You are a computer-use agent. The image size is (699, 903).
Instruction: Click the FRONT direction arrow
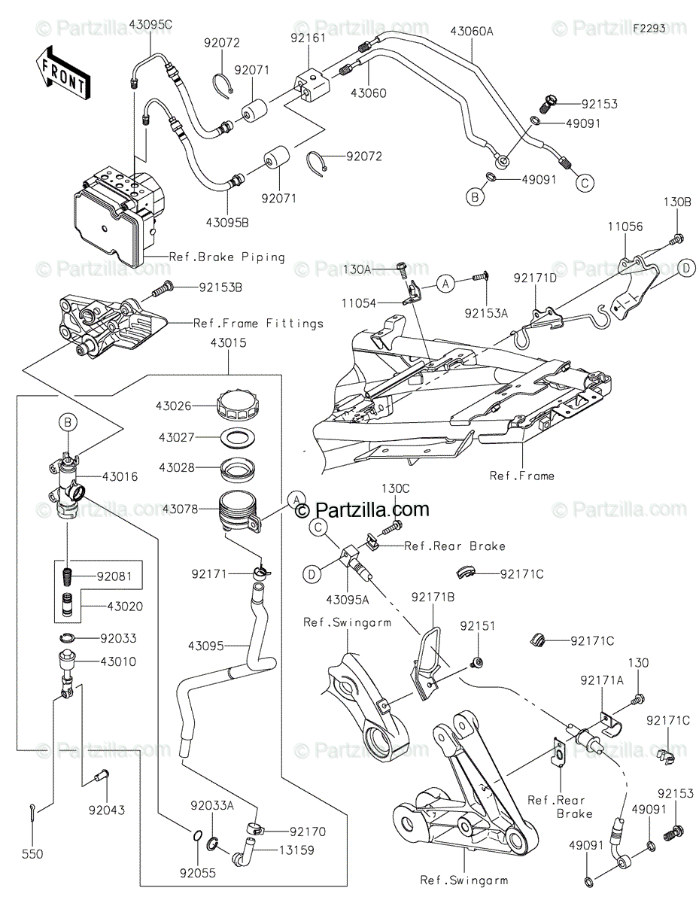(x=63, y=72)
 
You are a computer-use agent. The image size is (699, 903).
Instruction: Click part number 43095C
(x=150, y=25)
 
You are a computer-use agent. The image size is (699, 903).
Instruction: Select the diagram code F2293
(x=649, y=29)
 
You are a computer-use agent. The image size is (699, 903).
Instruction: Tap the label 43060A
(x=472, y=31)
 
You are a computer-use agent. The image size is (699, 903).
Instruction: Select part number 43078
(x=181, y=509)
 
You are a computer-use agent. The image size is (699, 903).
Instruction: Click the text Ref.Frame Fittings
(x=258, y=323)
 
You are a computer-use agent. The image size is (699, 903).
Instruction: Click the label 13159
(x=296, y=850)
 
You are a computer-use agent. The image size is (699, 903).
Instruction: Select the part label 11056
(x=625, y=227)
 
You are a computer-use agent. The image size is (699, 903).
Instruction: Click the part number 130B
(x=677, y=202)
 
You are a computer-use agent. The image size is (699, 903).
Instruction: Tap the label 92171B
(x=433, y=597)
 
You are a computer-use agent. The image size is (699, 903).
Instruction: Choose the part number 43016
(x=120, y=476)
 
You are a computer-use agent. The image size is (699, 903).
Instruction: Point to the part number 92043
(x=106, y=810)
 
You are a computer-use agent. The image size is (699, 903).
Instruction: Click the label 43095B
(x=227, y=223)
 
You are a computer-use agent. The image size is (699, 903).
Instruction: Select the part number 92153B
(x=220, y=287)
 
